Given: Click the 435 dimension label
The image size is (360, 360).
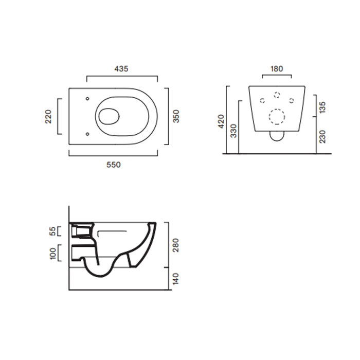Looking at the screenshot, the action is click(x=121, y=68).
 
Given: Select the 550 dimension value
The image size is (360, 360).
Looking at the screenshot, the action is click(x=114, y=165).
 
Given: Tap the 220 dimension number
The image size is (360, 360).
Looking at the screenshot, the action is click(x=48, y=117).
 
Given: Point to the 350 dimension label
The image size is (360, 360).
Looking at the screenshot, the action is click(x=176, y=116).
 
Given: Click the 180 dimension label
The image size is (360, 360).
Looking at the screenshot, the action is click(x=277, y=68).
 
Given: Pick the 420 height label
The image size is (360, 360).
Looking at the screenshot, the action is click(x=221, y=121).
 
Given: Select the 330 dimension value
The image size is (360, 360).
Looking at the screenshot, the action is click(x=233, y=131).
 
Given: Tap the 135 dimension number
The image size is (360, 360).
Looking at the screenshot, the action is click(x=322, y=107).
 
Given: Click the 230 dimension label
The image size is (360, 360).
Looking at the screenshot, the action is click(x=322, y=137).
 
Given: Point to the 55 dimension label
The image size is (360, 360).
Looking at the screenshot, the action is click(x=52, y=231).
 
